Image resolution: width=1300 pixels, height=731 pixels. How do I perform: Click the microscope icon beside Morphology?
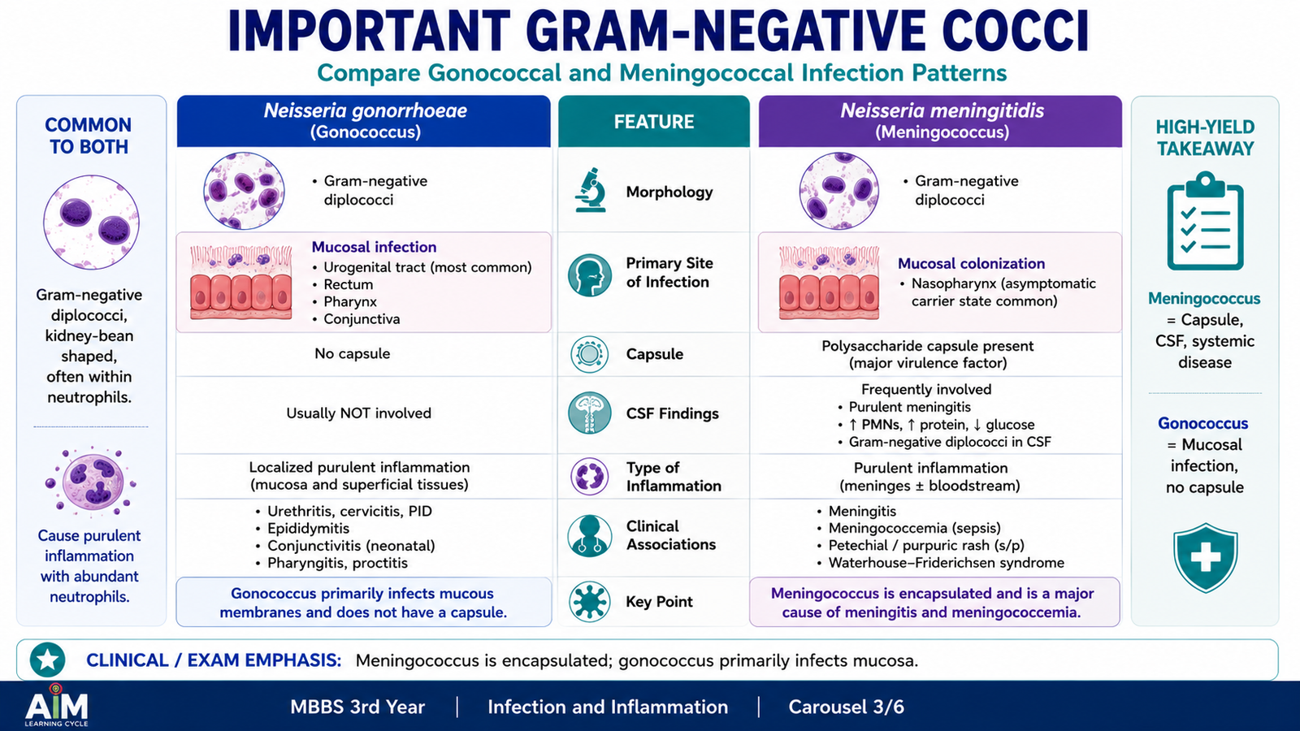pyautogui.click(x=590, y=190)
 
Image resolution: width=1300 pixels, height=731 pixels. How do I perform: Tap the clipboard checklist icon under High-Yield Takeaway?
pyautogui.click(x=1205, y=221)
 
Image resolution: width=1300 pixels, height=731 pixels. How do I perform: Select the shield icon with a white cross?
pyautogui.click(x=1205, y=557)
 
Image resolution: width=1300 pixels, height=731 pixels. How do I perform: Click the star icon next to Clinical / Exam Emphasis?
pyautogui.click(x=48, y=660)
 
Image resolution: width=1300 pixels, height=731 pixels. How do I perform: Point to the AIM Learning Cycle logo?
pyautogui.click(x=56, y=705)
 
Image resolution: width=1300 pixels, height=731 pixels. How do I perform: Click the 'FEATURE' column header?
pyautogui.click(x=653, y=122)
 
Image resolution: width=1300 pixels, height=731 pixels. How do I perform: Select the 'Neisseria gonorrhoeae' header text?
pyautogui.click(x=365, y=110)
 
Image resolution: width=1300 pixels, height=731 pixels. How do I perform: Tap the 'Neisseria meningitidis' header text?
pyautogui.click(x=942, y=110)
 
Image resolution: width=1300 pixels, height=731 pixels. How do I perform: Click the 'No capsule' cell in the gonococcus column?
pyautogui.click(x=353, y=353)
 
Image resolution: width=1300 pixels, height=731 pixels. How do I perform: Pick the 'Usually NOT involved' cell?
pyautogui.click(x=358, y=413)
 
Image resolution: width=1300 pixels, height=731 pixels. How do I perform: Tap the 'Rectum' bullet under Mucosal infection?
pyautogui.click(x=348, y=284)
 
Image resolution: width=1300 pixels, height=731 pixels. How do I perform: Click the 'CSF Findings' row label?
pyautogui.click(x=672, y=413)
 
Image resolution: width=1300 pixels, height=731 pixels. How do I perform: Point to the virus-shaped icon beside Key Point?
pyautogui.click(x=590, y=602)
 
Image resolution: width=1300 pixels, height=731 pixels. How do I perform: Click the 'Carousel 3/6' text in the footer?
pyautogui.click(x=846, y=707)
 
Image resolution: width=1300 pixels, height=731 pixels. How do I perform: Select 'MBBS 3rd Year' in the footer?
pyautogui.click(x=357, y=707)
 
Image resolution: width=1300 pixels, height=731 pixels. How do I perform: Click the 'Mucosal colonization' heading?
pyautogui.click(x=971, y=263)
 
